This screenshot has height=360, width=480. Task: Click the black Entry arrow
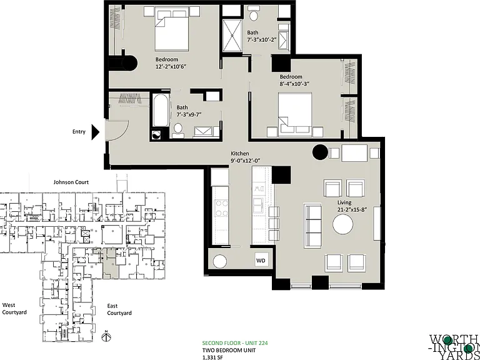tap(95, 132)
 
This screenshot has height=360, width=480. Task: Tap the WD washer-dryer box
tap(261, 261)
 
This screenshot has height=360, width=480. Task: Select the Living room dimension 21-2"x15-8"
tap(352, 210)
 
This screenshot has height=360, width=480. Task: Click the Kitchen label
tap(240, 153)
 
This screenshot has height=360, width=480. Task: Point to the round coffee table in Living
tap(343, 224)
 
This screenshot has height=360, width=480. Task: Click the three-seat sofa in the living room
tap(313, 226)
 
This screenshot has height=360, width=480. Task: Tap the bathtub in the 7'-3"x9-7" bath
tap(161, 110)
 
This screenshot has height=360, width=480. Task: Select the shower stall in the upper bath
tap(232, 36)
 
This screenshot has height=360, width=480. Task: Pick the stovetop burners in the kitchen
tap(221, 208)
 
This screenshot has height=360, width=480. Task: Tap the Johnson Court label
tap(71, 182)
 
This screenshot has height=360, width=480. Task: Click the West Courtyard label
tap(14, 309)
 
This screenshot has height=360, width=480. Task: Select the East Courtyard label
tap(119, 309)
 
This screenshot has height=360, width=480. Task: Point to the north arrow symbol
tap(106, 336)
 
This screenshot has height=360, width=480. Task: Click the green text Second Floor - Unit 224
tap(235, 343)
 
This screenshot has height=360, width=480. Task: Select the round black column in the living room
tap(320, 152)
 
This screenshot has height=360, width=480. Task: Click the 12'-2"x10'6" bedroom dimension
tap(171, 66)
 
